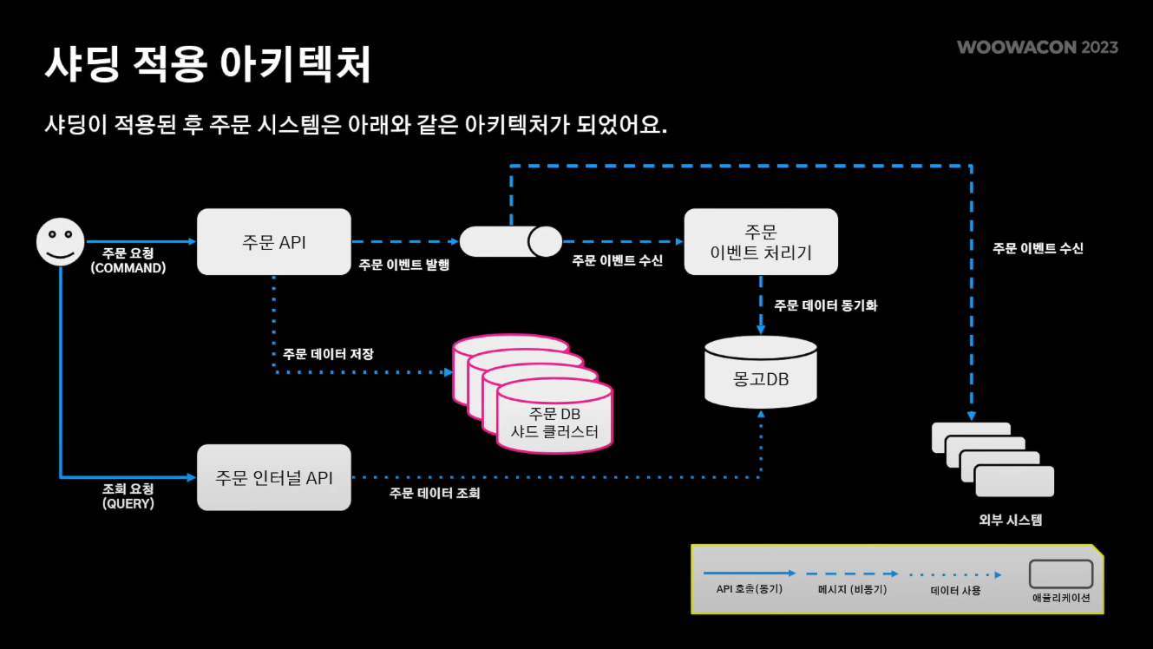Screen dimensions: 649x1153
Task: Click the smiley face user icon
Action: [61, 241]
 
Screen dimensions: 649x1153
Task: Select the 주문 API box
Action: [274, 242]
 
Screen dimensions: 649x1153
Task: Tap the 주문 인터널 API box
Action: [274, 477]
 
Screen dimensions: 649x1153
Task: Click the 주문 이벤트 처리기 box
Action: [761, 242]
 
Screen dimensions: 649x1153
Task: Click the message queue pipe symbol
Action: [510, 241]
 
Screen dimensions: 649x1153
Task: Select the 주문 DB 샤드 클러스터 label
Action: [555, 423]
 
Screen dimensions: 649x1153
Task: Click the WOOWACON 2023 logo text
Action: [1038, 47]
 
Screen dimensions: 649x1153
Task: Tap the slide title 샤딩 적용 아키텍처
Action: [208, 65]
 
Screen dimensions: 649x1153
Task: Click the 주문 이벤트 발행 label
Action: [404, 265]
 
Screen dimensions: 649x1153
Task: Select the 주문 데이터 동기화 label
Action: [825, 305]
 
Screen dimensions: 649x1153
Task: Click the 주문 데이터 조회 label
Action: [435, 494]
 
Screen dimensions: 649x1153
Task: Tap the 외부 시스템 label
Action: [1010, 521]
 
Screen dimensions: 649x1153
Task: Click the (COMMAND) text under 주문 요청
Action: [128, 268]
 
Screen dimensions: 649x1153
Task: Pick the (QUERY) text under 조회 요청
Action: [128, 503]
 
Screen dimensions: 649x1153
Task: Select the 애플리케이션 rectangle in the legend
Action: [1060, 574]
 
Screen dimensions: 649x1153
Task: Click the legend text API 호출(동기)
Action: [750, 589]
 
